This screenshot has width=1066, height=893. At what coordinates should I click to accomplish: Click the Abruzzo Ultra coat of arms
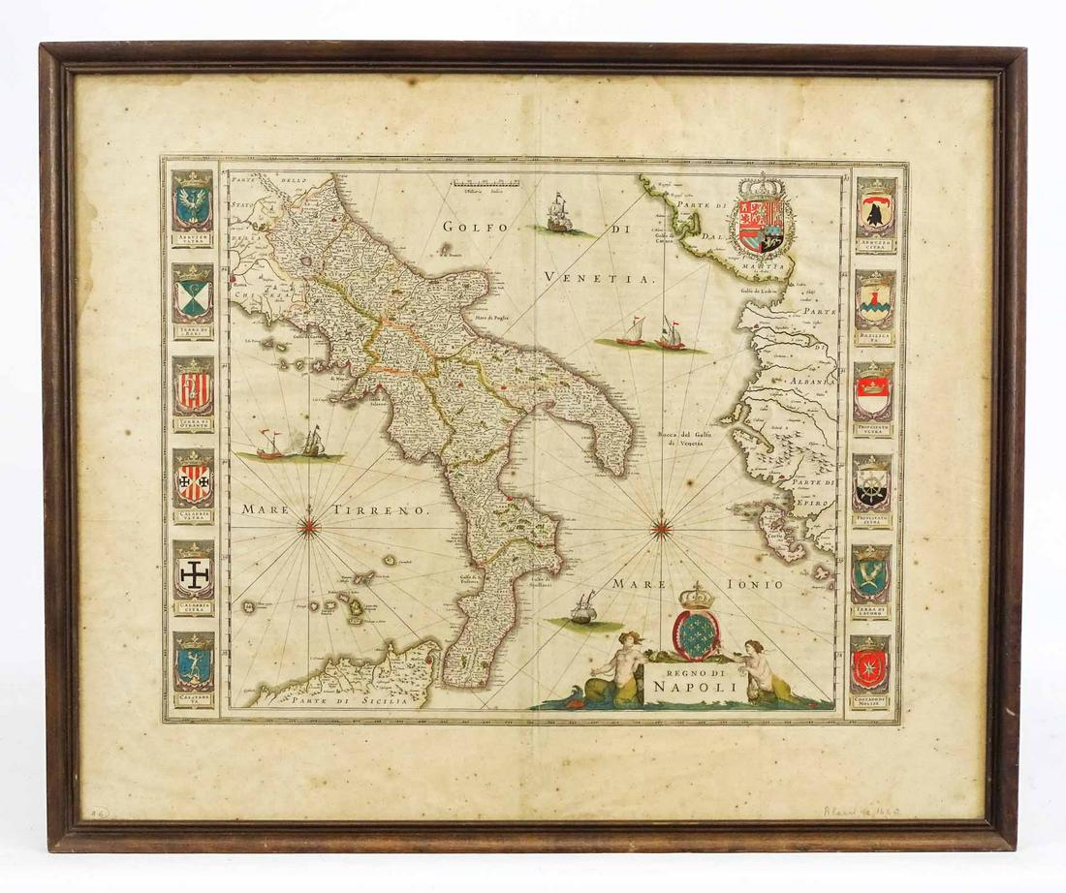pos(193,203)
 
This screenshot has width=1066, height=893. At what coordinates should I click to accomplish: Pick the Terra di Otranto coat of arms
pos(193,387)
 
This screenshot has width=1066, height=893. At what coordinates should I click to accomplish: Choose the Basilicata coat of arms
pos(876,301)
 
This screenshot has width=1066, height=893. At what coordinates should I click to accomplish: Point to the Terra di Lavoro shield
pos(872,576)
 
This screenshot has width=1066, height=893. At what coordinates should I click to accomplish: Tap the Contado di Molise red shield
pos(870,667)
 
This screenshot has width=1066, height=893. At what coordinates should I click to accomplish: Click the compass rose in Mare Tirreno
pos(310,526)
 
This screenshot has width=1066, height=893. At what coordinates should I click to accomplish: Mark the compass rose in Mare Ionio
pos(662,529)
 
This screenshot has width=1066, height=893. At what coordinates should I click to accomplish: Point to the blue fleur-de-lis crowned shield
pos(697,631)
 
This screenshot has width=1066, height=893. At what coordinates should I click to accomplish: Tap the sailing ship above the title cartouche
pos(584,608)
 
